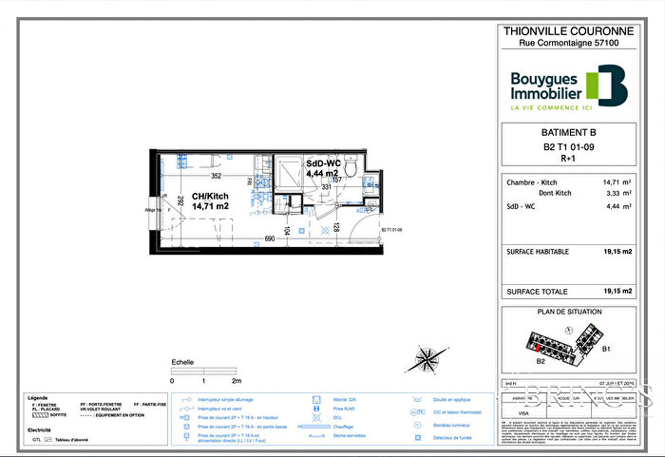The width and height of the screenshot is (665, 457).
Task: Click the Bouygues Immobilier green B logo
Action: pyautogui.click(x=606, y=86)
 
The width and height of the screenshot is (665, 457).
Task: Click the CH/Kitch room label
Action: pyautogui.click(x=210, y=200)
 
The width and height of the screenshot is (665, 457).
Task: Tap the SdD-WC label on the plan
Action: pyautogui.click(x=322, y=168)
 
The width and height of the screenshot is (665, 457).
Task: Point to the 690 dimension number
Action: pyautogui.click(x=270, y=238)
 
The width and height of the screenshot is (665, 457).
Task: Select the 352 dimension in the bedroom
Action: pyautogui.click(x=216, y=176)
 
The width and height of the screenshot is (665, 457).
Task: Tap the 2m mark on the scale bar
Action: pyautogui.click(x=237, y=380)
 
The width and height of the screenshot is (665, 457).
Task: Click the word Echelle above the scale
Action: pyautogui.click(x=182, y=362)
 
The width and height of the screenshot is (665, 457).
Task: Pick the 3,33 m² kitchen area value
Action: pyautogui.click(x=611, y=192)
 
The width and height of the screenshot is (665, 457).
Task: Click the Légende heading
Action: pyautogui.click(x=38, y=397)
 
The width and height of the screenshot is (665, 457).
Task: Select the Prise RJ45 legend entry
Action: pyautogui.click(x=344, y=409)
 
